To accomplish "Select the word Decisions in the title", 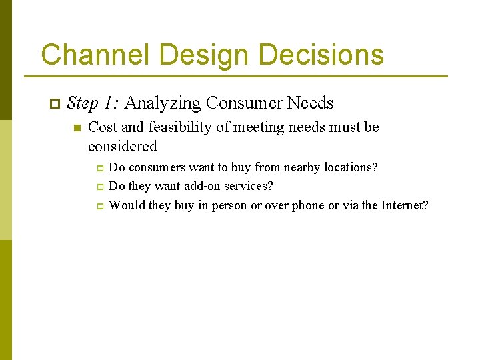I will coord(321,55).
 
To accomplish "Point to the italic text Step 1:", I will coord(93,103).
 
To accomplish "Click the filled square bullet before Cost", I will coord(77,128).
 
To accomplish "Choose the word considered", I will coord(123,147).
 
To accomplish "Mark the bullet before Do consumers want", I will coord(99,168).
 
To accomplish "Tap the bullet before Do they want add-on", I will coord(99,187).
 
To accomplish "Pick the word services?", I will coord(251,187).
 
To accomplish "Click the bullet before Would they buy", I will coord(99,207).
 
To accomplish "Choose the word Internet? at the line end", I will coord(405,206).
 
